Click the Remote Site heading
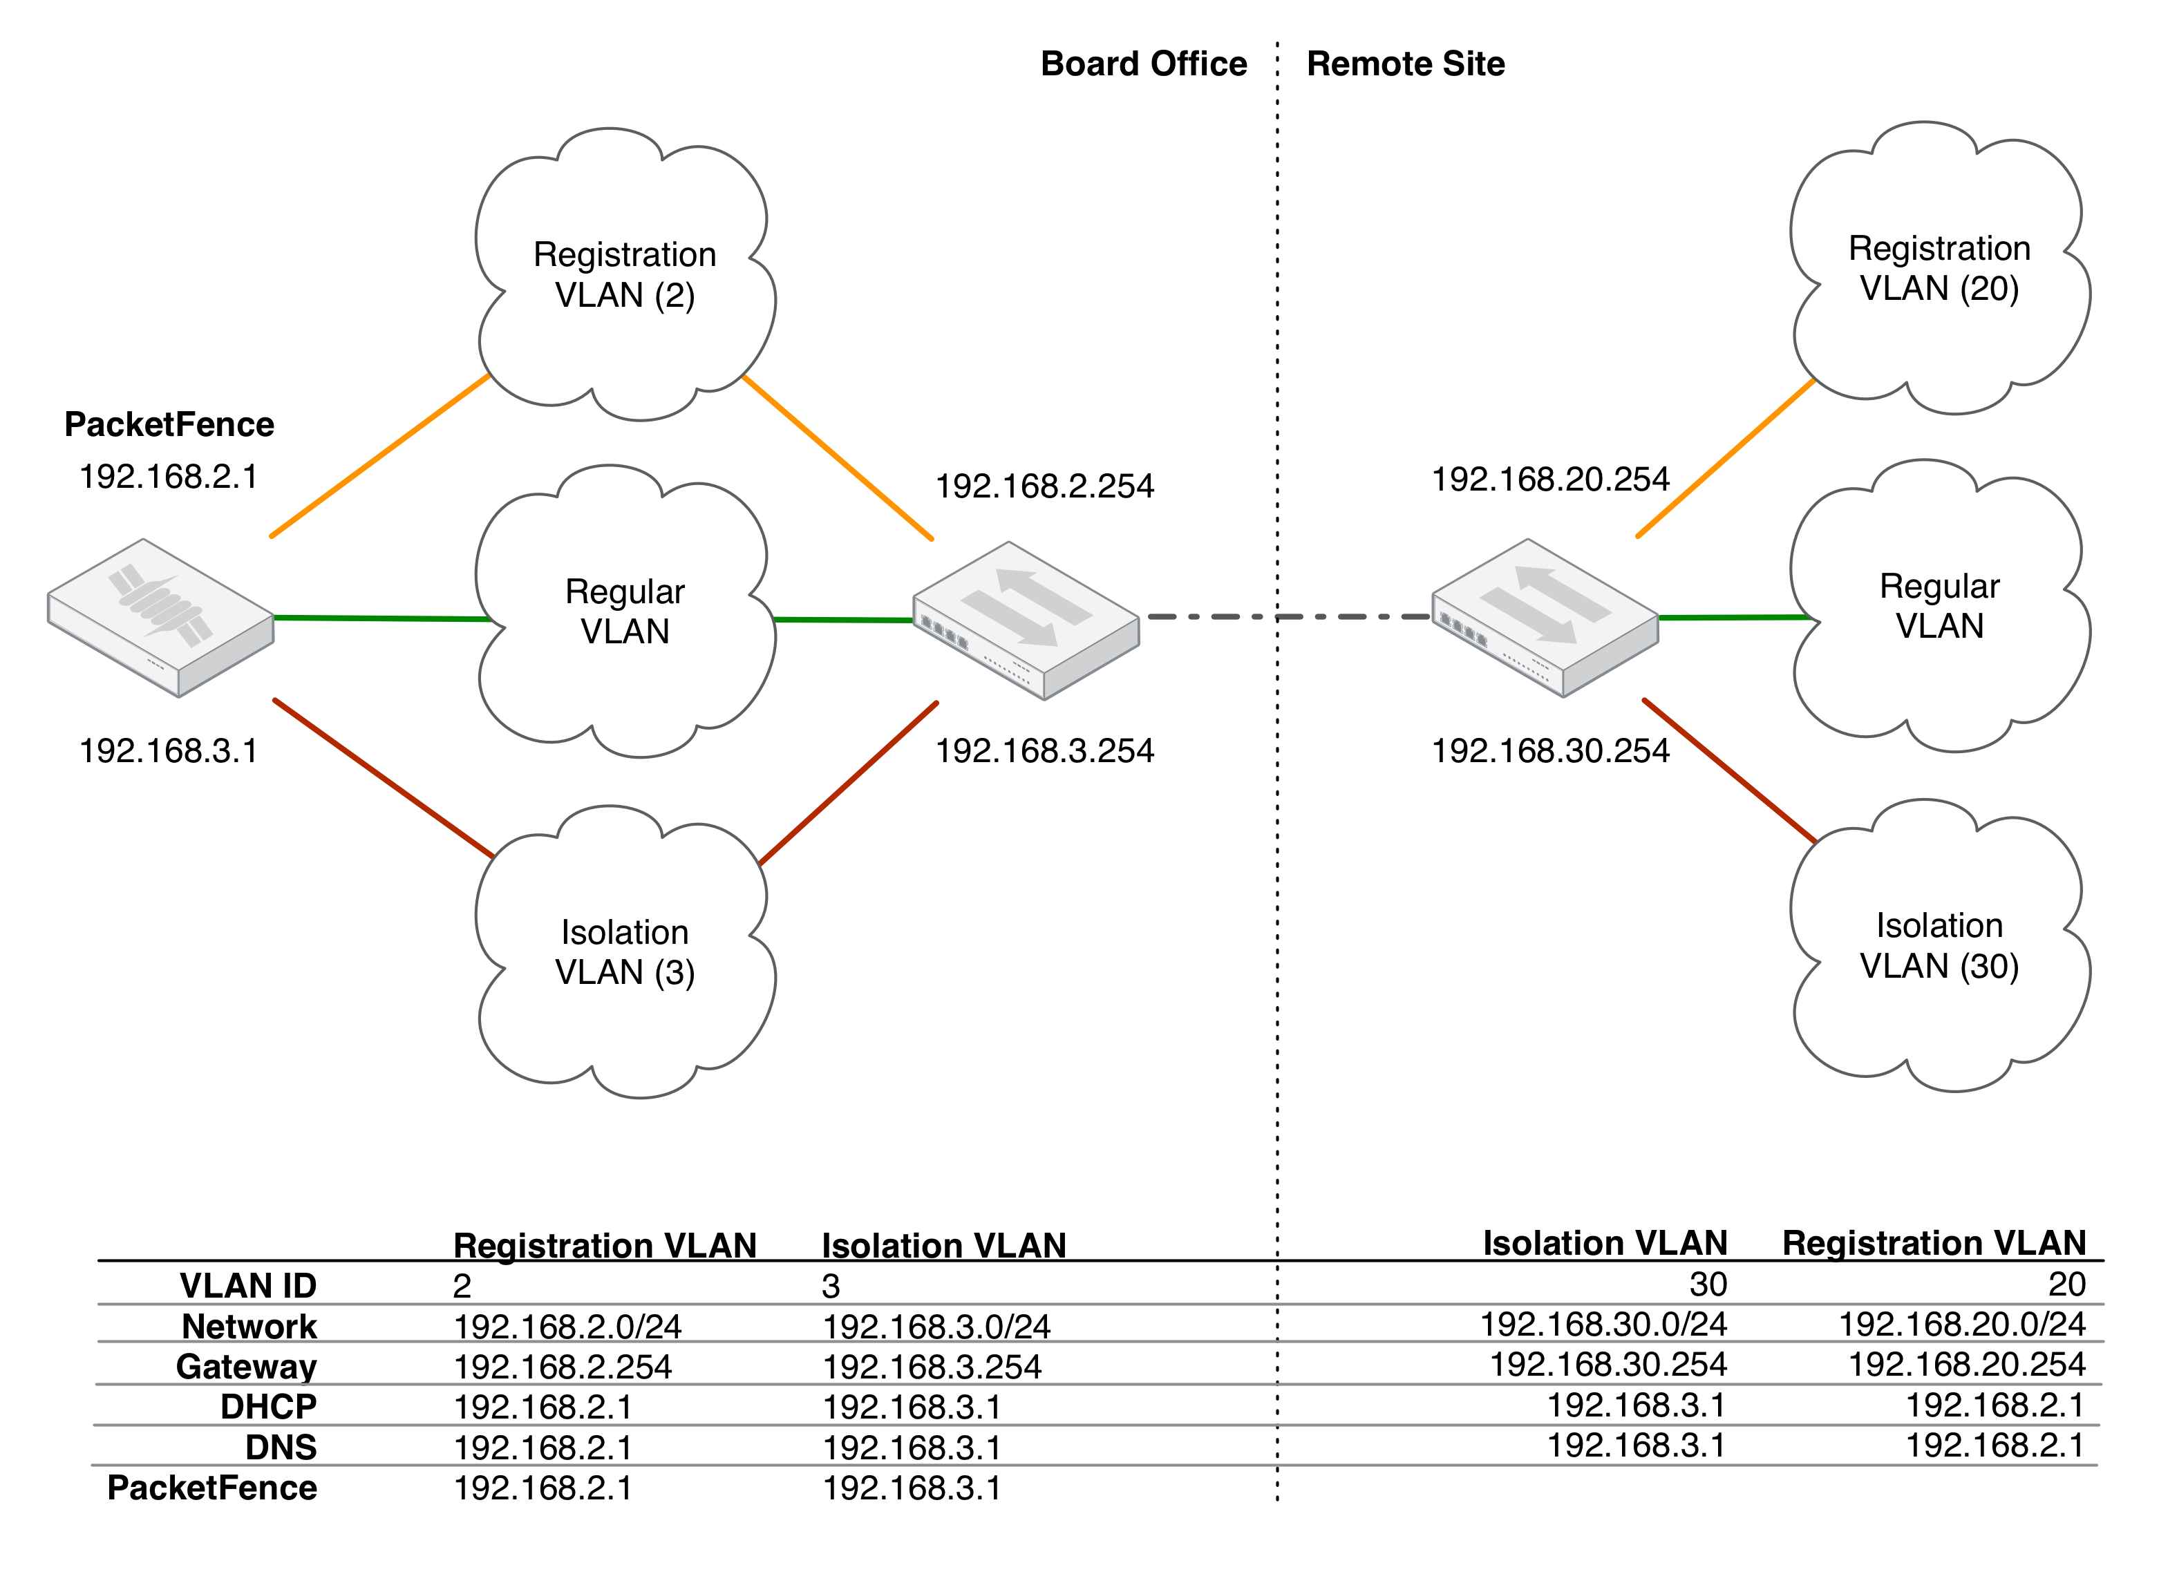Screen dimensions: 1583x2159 tap(1405, 64)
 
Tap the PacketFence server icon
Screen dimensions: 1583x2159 tap(161, 617)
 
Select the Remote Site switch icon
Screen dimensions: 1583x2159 tap(1544, 617)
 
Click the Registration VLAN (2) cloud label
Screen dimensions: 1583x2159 tap(625, 274)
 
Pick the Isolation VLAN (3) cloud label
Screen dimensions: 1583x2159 tap(625, 951)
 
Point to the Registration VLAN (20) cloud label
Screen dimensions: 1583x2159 tap(1939, 268)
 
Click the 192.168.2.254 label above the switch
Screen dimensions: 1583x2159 tap(1044, 486)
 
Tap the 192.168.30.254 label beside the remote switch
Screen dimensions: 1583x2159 tap(1549, 750)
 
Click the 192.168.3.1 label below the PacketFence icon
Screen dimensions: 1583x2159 tap(169, 750)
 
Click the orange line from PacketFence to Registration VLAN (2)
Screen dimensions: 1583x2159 tap(380, 456)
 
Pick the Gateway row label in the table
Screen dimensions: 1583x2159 tap(246, 1367)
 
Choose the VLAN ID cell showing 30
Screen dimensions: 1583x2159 tap(1708, 1284)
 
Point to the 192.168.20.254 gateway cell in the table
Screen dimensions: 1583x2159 tap(1966, 1365)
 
